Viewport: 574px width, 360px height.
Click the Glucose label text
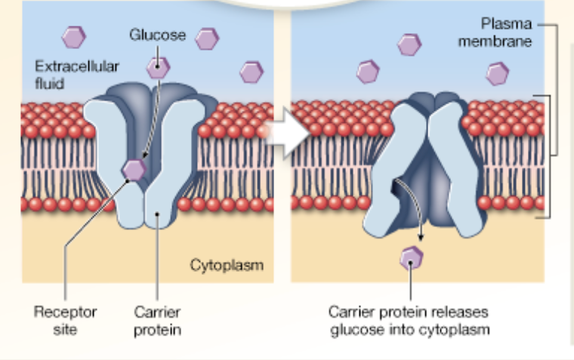tap(157, 35)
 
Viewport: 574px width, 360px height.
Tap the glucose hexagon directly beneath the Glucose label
tap(158, 67)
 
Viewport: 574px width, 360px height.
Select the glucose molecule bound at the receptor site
tap(135, 170)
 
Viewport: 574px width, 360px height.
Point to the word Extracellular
tap(77, 66)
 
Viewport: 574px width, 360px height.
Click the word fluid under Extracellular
tap(50, 83)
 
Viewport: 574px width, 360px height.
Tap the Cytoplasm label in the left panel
tap(226, 265)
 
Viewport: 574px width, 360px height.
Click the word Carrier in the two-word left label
tap(158, 312)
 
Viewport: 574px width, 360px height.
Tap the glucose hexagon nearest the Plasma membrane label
tap(497, 73)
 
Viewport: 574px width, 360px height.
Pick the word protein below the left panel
tap(158, 330)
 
